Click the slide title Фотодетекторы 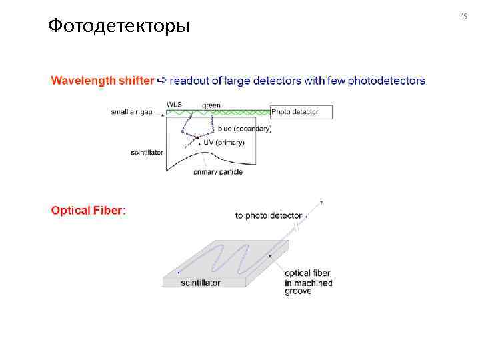[119, 27]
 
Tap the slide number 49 [464, 16]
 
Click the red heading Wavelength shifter [102, 81]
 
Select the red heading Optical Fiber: [89, 211]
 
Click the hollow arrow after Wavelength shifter [161, 81]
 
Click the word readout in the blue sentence [189, 81]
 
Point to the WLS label [174, 105]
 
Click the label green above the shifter [211, 105]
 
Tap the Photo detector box [301, 112]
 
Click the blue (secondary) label [245, 129]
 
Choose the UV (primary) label [224, 142]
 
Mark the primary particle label [218, 172]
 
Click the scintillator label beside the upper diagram [147, 153]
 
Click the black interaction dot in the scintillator [197, 138]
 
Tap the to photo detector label [268, 215]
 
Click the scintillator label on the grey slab [200, 283]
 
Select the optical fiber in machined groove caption [308, 282]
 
